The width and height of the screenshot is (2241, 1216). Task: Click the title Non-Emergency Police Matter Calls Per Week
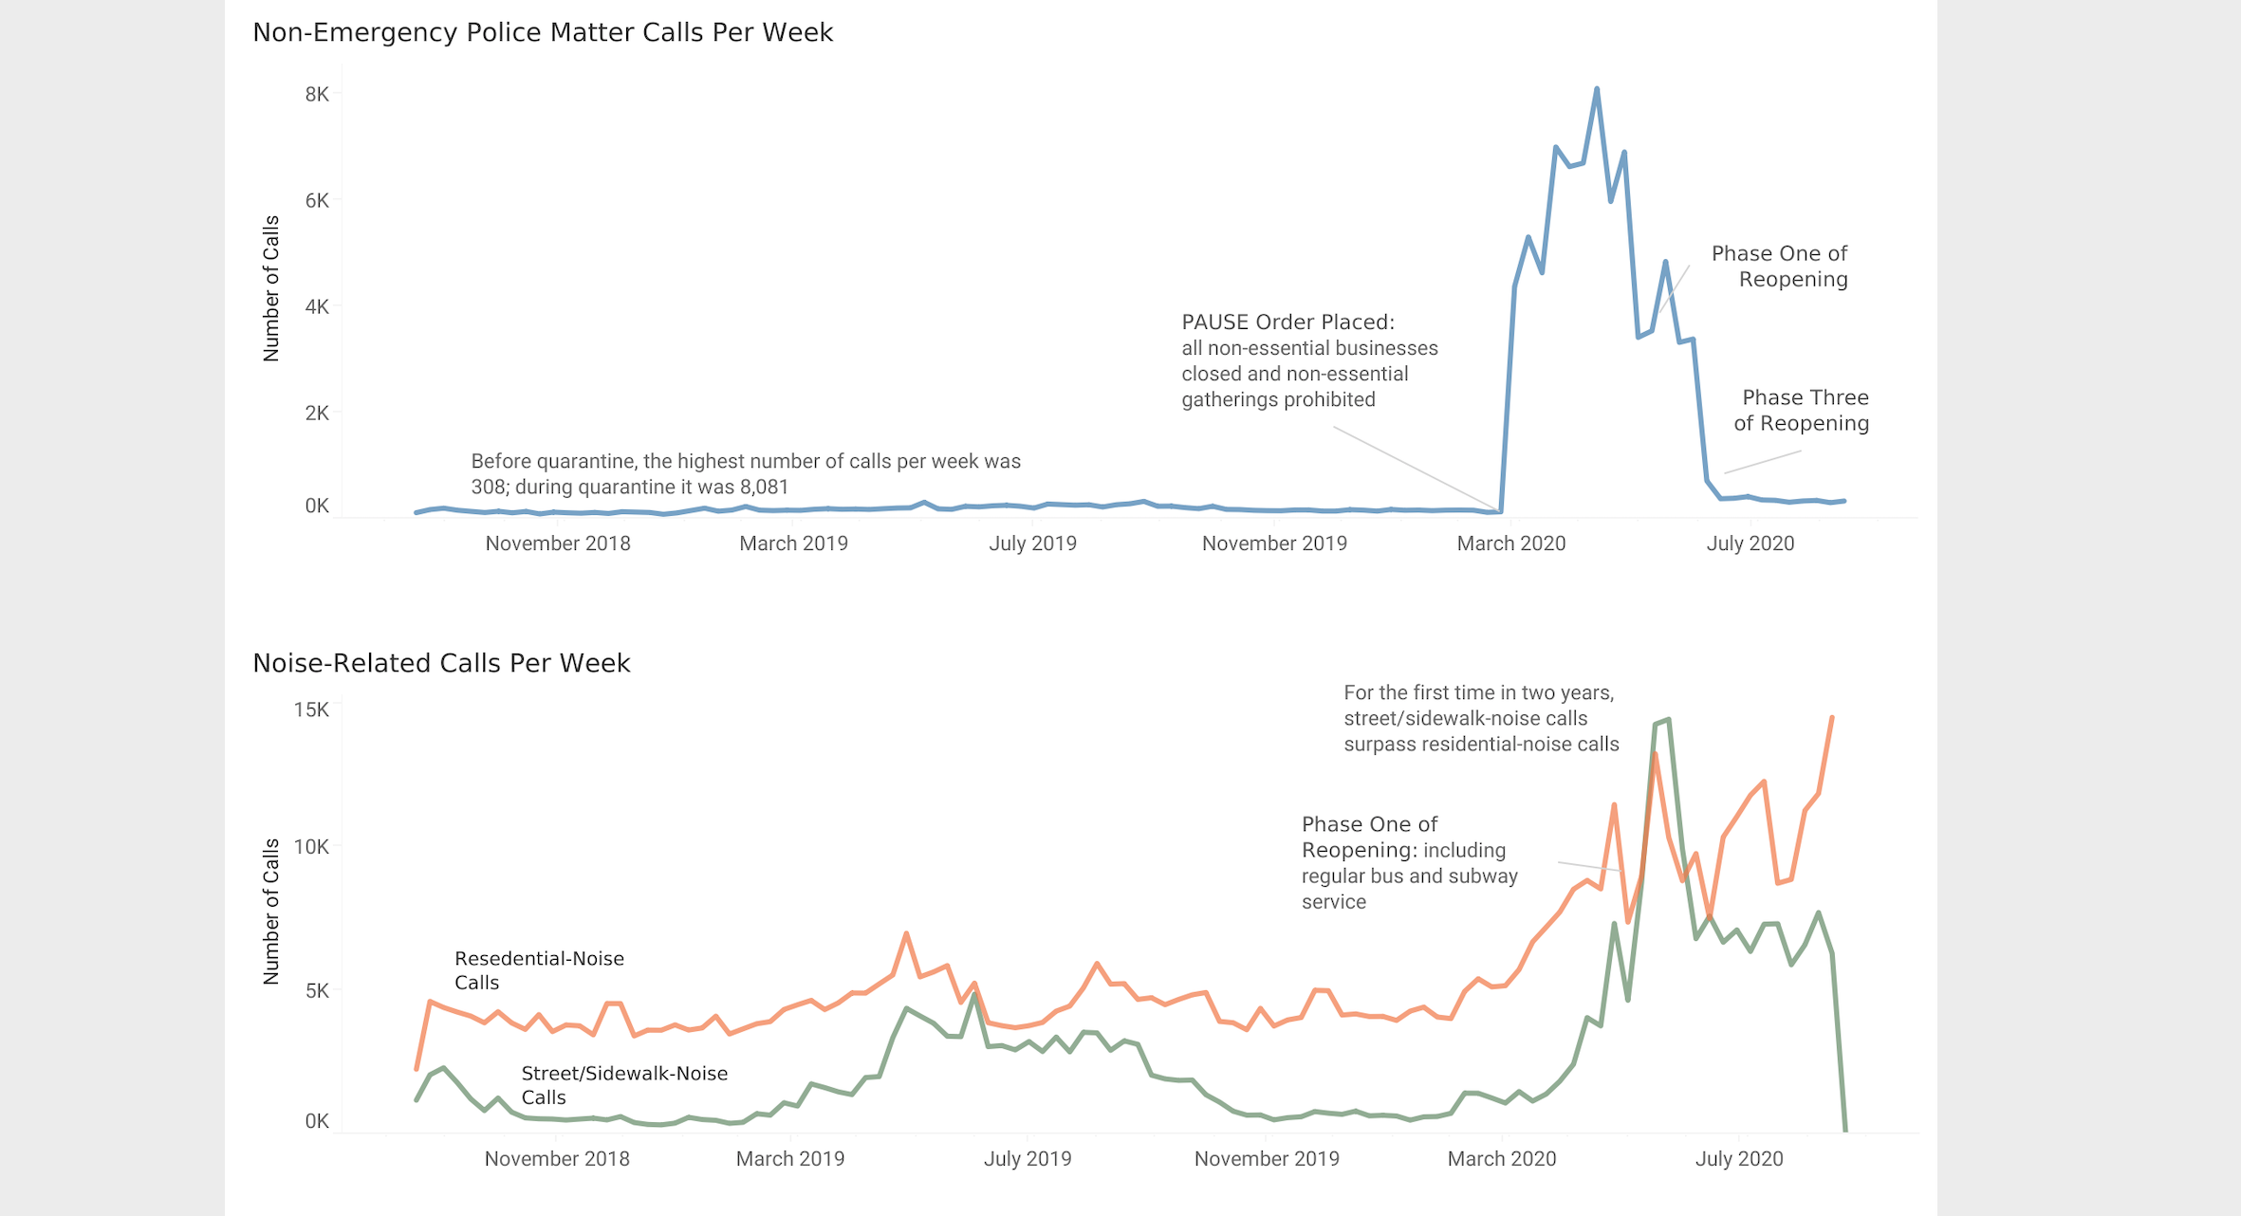[x=542, y=33]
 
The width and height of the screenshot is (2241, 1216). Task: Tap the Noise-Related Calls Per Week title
[x=441, y=664]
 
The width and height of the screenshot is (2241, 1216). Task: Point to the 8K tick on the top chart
[x=317, y=94]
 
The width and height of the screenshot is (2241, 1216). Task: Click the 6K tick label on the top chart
[x=317, y=200]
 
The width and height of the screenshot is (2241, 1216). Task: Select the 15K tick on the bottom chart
[x=311, y=709]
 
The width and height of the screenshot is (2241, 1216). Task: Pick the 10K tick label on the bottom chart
[x=311, y=846]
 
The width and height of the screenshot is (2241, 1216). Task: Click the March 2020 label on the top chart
[x=1510, y=544]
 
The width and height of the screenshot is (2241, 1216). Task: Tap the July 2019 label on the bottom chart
[x=1027, y=1159]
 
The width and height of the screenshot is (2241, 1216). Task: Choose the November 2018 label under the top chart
[x=558, y=544]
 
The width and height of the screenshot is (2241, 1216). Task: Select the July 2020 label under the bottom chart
[x=1738, y=1159]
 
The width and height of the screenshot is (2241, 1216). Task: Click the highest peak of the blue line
[x=1597, y=89]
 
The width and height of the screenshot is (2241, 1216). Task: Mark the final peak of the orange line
[x=1832, y=717]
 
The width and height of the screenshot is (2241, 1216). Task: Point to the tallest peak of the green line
[x=1668, y=720]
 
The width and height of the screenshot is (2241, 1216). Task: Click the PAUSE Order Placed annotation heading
[x=1287, y=322]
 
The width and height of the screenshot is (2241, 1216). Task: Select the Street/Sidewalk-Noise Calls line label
[x=624, y=1085]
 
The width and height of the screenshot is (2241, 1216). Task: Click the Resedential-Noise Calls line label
[x=539, y=970]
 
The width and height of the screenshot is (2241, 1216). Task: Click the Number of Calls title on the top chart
[x=271, y=288]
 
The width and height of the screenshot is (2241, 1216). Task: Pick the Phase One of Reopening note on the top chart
[x=1779, y=267]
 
